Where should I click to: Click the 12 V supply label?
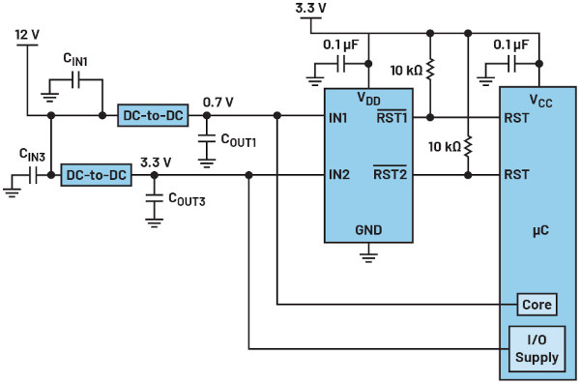click(27, 35)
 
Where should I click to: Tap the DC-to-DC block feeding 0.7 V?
click(153, 115)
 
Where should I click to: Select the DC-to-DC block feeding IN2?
click(96, 175)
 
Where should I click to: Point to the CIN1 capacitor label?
click(75, 59)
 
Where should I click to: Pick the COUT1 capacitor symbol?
click(207, 139)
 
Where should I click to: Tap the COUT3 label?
click(187, 199)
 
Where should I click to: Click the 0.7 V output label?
click(218, 102)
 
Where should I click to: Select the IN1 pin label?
click(338, 118)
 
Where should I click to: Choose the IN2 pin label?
click(339, 174)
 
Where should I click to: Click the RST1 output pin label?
click(391, 117)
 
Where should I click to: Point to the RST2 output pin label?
click(390, 173)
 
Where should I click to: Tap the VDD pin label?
click(368, 99)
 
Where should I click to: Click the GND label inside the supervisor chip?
click(368, 230)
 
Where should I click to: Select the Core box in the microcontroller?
click(536, 305)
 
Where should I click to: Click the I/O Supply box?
click(536, 349)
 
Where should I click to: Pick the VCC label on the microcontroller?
click(540, 101)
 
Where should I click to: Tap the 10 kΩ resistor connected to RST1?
click(430, 70)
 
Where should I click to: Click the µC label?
click(540, 231)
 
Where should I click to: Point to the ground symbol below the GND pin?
click(368, 257)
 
